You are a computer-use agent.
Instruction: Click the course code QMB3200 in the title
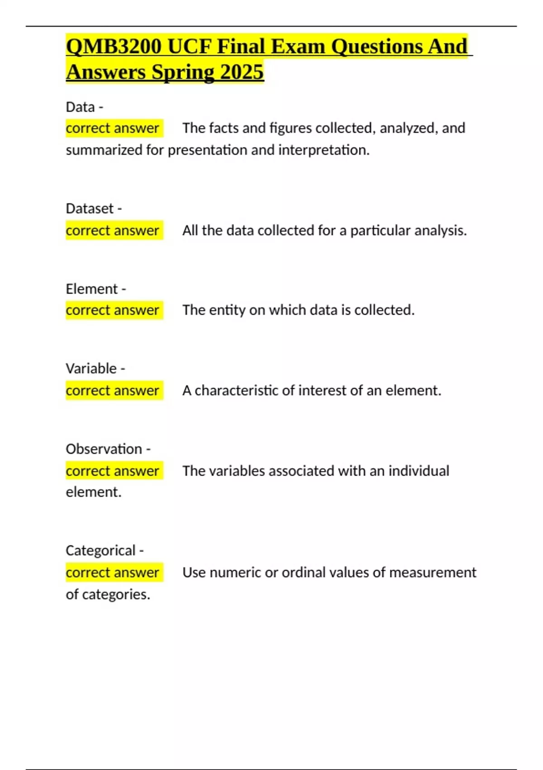pos(114,47)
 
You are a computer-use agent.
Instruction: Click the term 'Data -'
pos(85,107)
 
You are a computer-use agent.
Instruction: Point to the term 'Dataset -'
pos(94,208)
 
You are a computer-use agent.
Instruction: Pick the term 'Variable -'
pos(95,368)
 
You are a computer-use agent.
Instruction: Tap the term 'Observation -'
pos(108,449)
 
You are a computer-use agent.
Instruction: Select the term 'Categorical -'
pos(105,550)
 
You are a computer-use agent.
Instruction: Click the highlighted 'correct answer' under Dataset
pos(113,231)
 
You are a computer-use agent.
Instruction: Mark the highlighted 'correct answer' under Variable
pos(113,390)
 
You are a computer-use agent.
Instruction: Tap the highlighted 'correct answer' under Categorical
pos(113,573)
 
